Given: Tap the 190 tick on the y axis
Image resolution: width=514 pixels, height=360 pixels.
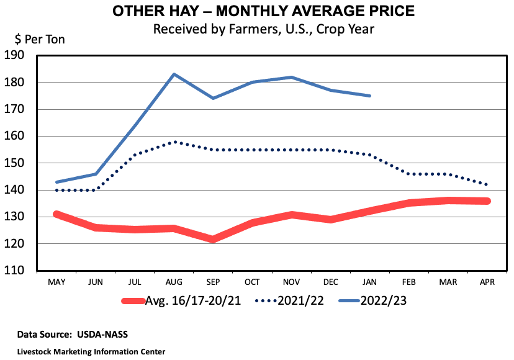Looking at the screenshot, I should pyautogui.click(x=23, y=55).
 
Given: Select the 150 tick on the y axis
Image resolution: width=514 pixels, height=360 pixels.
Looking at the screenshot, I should pyautogui.click(x=23, y=163).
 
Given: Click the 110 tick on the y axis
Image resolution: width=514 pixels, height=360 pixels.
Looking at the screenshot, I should pyautogui.click(x=23, y=271).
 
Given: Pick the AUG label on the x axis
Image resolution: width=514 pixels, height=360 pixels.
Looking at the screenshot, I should pyautogui.click(x=174, y=282).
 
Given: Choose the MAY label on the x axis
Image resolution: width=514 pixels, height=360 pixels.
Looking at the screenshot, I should pyautogui.click(x=56, y=282).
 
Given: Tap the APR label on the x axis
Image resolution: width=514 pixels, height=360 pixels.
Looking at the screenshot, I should pyautogui.click(x=487, y=282).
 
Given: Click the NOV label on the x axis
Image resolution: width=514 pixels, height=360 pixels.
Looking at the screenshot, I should pyautogui.click(x=291, y=282).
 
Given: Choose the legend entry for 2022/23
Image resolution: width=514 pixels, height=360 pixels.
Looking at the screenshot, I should pyautogui.click(x=372, y=301).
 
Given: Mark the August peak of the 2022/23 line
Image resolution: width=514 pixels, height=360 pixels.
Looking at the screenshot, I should pyautogui.click(x=174, y=74).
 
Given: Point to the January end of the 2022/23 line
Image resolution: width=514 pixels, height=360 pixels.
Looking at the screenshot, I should pyautogui.click(x=370, y=96).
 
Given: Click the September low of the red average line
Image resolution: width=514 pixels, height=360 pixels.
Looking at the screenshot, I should pyautogui.click(x=213, y=239).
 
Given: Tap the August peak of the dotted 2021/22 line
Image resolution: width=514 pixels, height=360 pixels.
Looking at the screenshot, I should pyautogui.click(x=174, y=142).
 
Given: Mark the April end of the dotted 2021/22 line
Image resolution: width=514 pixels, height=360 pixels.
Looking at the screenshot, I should pyautogui.click(x=487, y=185).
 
